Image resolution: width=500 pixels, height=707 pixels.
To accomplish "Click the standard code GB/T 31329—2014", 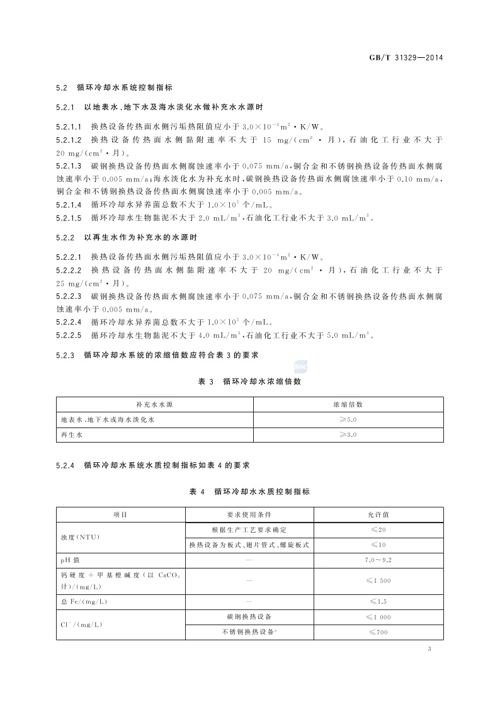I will coord(406,57).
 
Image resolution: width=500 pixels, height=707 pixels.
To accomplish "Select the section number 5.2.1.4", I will coord(69,204).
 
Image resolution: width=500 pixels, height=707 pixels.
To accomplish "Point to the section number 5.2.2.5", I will coord(69,335).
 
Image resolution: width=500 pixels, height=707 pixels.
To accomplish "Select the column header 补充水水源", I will coord(154,404).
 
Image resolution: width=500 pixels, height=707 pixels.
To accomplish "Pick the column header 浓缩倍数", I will coord(348,404).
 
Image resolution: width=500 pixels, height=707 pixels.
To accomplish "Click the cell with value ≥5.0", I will coord(348,419).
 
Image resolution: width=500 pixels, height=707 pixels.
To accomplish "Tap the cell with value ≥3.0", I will coord(348,434).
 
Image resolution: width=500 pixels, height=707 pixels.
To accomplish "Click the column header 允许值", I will coord(378,514).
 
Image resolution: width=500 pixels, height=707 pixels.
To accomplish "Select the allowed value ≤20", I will coord(378,529).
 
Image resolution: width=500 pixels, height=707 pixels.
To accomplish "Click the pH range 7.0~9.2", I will coord(378,560).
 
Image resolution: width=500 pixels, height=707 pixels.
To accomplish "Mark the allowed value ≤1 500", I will coord(378,580).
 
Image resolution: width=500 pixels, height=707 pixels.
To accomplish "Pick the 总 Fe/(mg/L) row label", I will coord(84,601).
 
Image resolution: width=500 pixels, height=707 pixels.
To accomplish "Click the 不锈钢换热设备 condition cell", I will coord(249,631).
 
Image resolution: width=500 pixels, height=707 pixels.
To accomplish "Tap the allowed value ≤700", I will coord(378,631).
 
